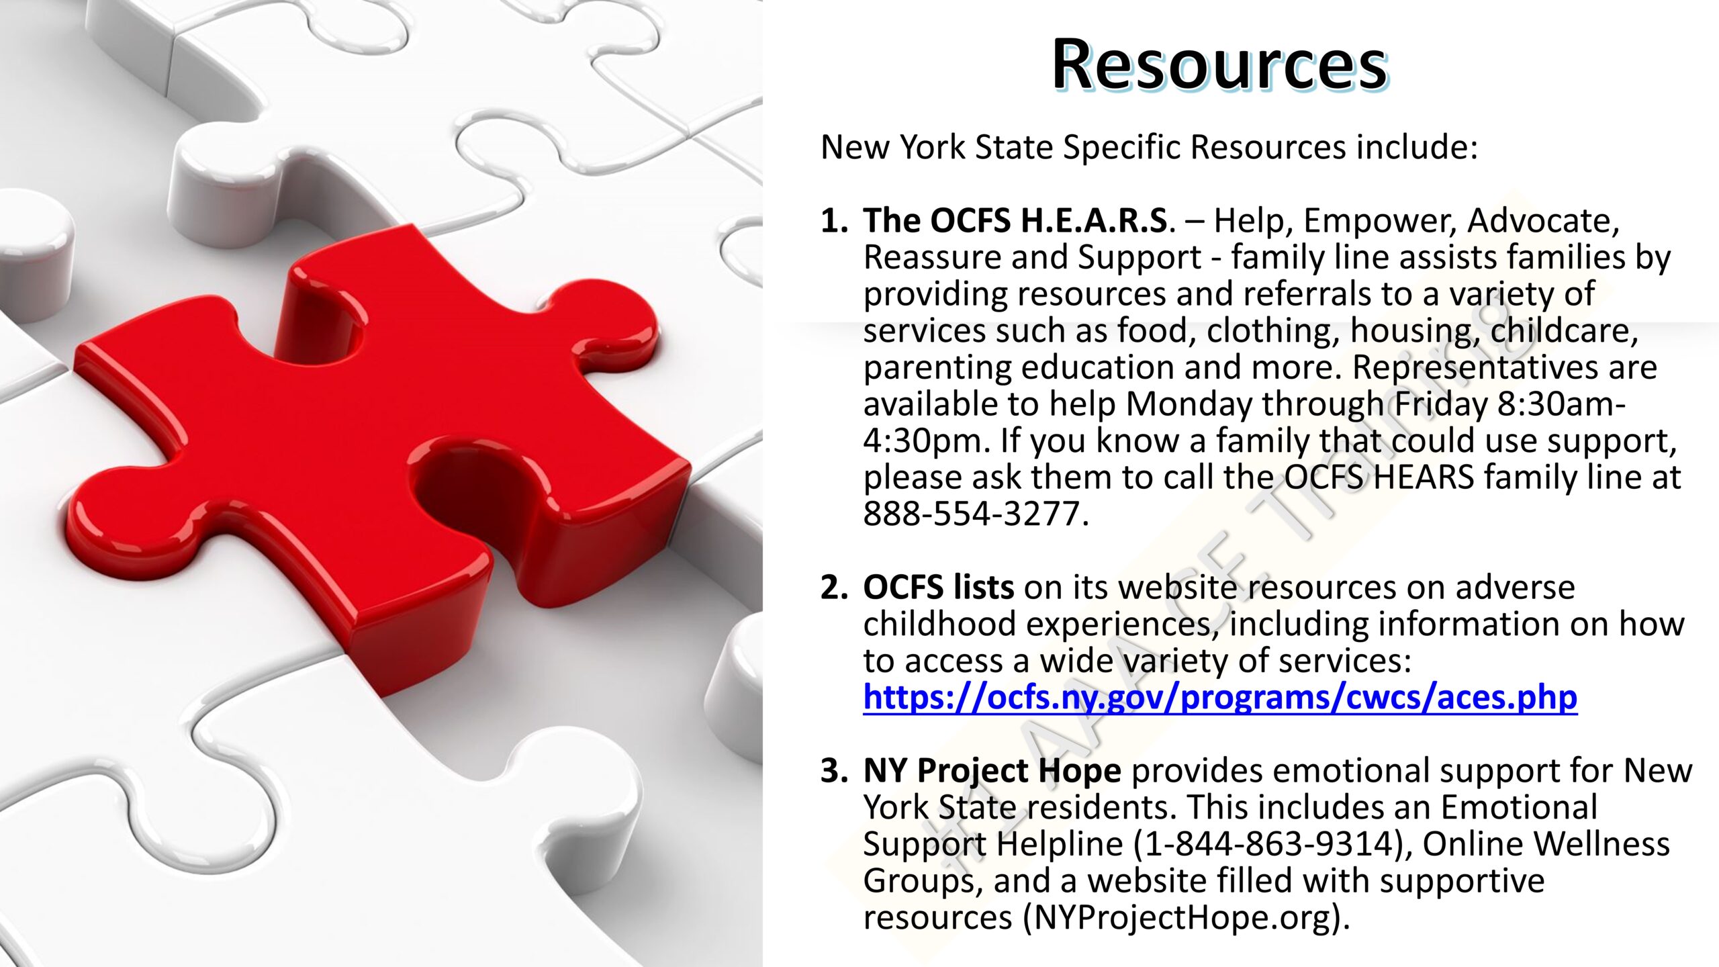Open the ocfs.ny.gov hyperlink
click(1220, 697)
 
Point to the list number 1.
click(834, 221)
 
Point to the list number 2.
click(834, 588)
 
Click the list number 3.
click(834, 771)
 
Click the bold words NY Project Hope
click(992, 771)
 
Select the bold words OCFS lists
click(938, 588)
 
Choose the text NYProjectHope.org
click(1183, 918)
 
